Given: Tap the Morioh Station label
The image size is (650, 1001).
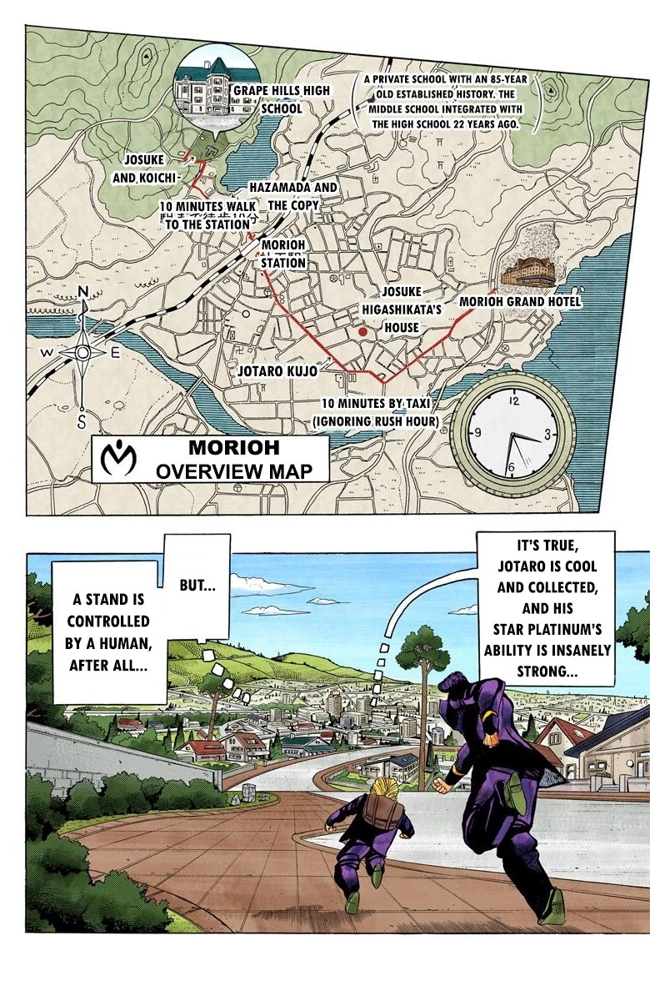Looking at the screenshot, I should [283, 254].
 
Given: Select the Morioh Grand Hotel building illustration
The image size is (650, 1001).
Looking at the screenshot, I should [531, 274].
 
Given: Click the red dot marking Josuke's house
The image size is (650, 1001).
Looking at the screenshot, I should [362, 332].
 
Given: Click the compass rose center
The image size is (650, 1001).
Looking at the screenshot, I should [82, 353].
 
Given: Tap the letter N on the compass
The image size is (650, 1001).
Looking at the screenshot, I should [82, 291].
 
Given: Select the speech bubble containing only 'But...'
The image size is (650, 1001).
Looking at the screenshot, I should [197, 586].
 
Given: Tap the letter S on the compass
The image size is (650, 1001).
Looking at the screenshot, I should [82, 419].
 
